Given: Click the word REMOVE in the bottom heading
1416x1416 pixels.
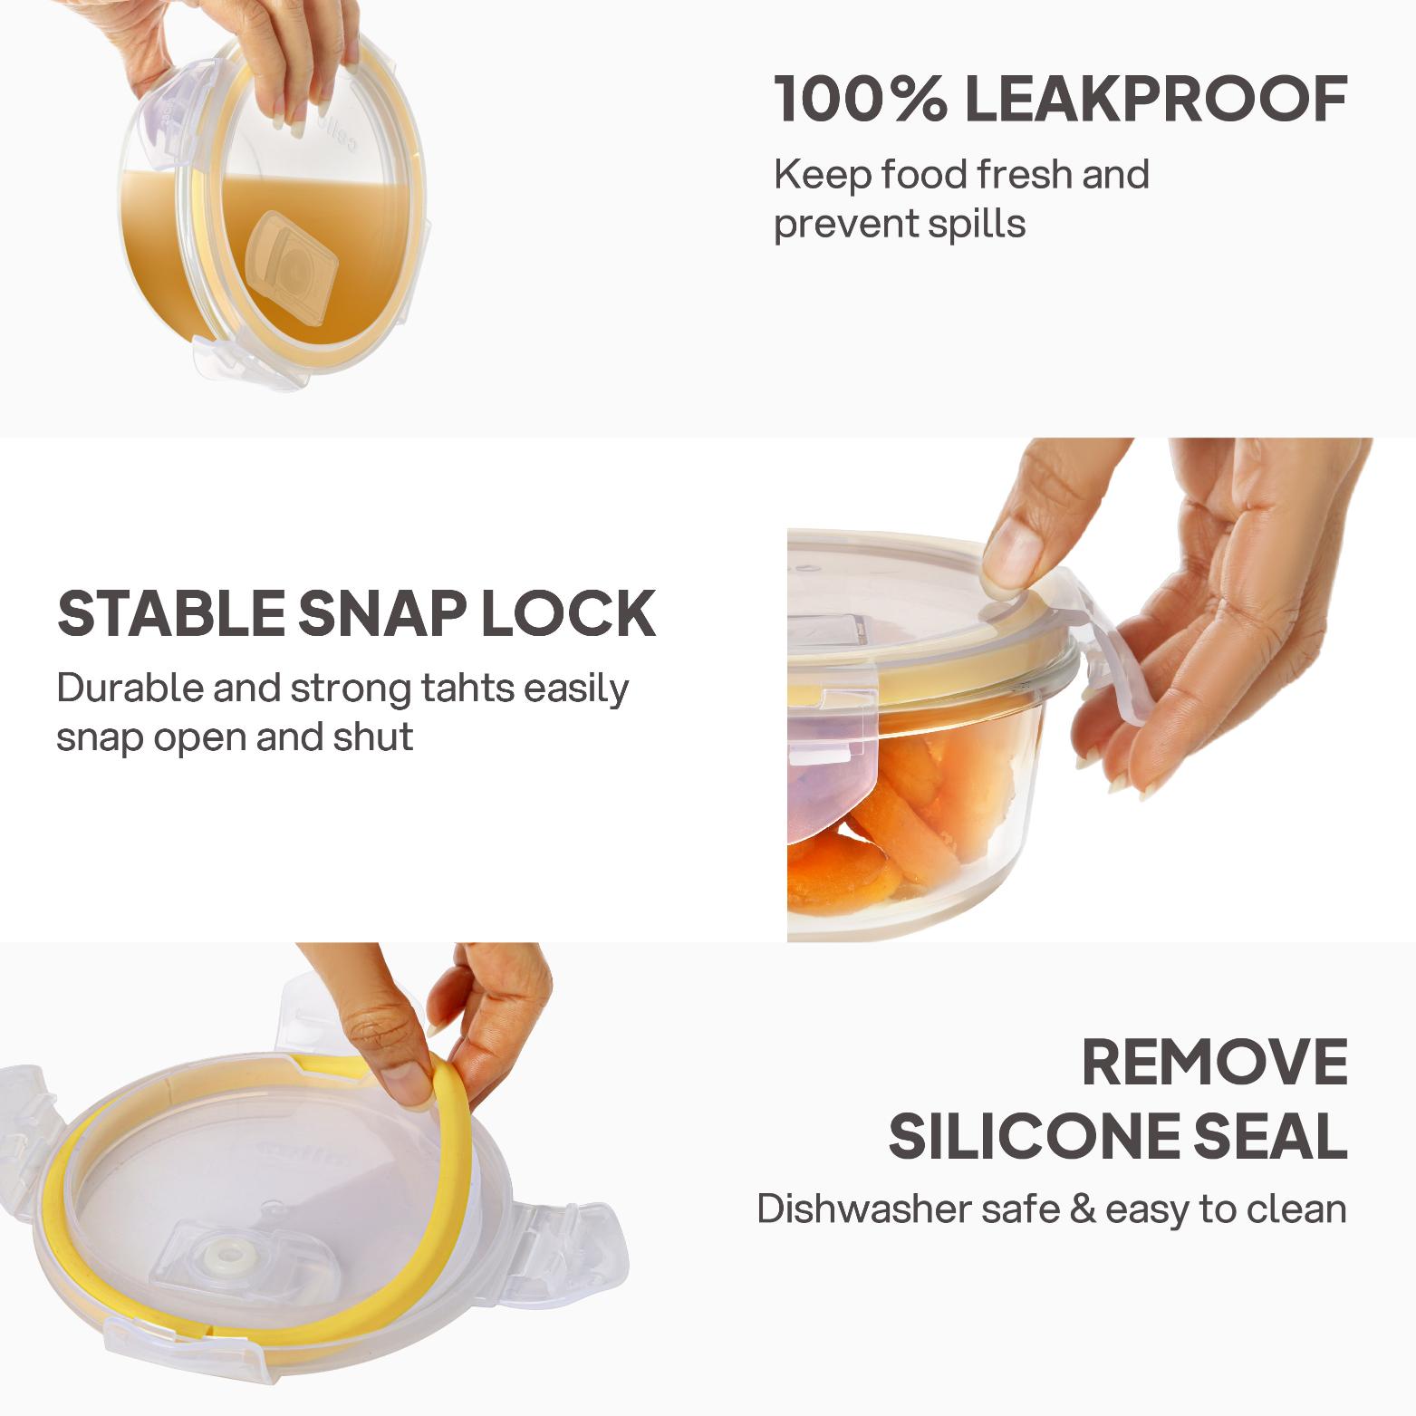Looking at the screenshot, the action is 1215,1063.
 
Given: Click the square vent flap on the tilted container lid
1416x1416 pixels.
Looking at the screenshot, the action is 291,260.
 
